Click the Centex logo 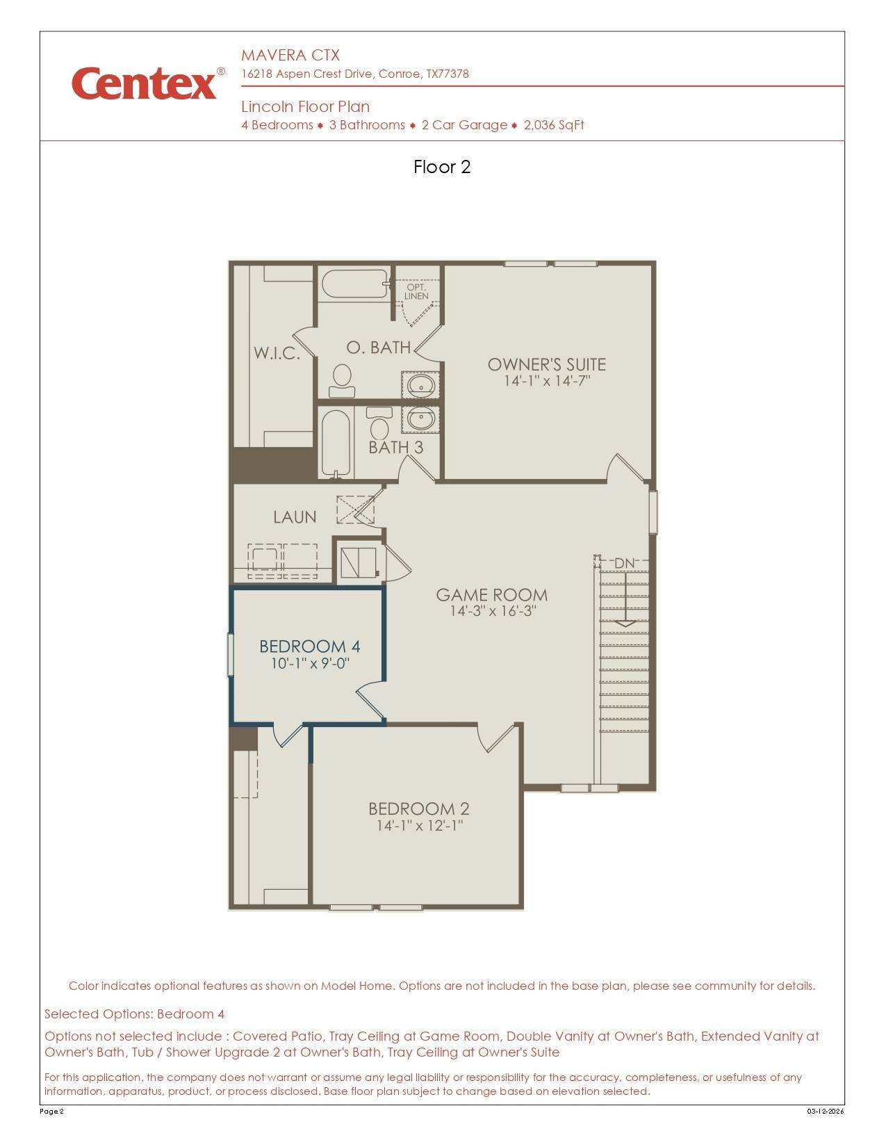[x=148, y=83]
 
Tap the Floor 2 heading [x=442, y=167]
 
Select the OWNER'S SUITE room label [x=547, y=364]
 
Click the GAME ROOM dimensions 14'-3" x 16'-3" [x=493, y=611]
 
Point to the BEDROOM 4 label [x=310, y=646]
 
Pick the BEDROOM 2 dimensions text [x=420, y=825]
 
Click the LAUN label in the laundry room [x=295, y=516]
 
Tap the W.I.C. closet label [x=277, y=352]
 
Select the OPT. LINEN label [x=416, y=292]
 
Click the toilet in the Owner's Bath [x=343, y=380]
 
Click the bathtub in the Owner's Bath [x=355, y=284]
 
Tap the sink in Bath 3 [x=420, y=419]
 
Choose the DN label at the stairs [x=624, y=563]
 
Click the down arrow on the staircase [x=626, y=599]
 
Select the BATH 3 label [x=396, y=448]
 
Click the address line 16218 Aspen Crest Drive [x=354, y=74]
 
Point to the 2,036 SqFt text [x=554, y=125]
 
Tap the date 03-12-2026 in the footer [x=826, y=1111]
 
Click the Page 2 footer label [x=51, y=1111]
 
